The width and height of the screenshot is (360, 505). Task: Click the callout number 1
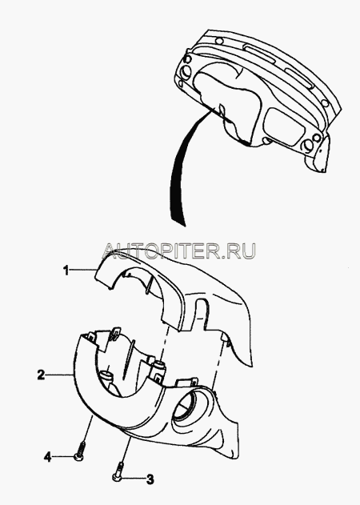66,271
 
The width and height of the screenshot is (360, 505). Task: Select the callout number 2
41,375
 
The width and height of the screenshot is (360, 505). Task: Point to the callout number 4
48,457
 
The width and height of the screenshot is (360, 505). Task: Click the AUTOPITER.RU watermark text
178,250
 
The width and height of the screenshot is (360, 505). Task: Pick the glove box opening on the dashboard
284,123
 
